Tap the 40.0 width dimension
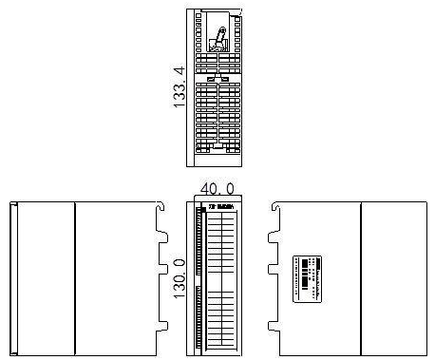coord(217,190)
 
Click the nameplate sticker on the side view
coord(309,277)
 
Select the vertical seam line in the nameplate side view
coord(362,277)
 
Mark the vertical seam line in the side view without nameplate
coord(74,277)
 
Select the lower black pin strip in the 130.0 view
coord(198,313)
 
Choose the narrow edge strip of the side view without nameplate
coord(11,277)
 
